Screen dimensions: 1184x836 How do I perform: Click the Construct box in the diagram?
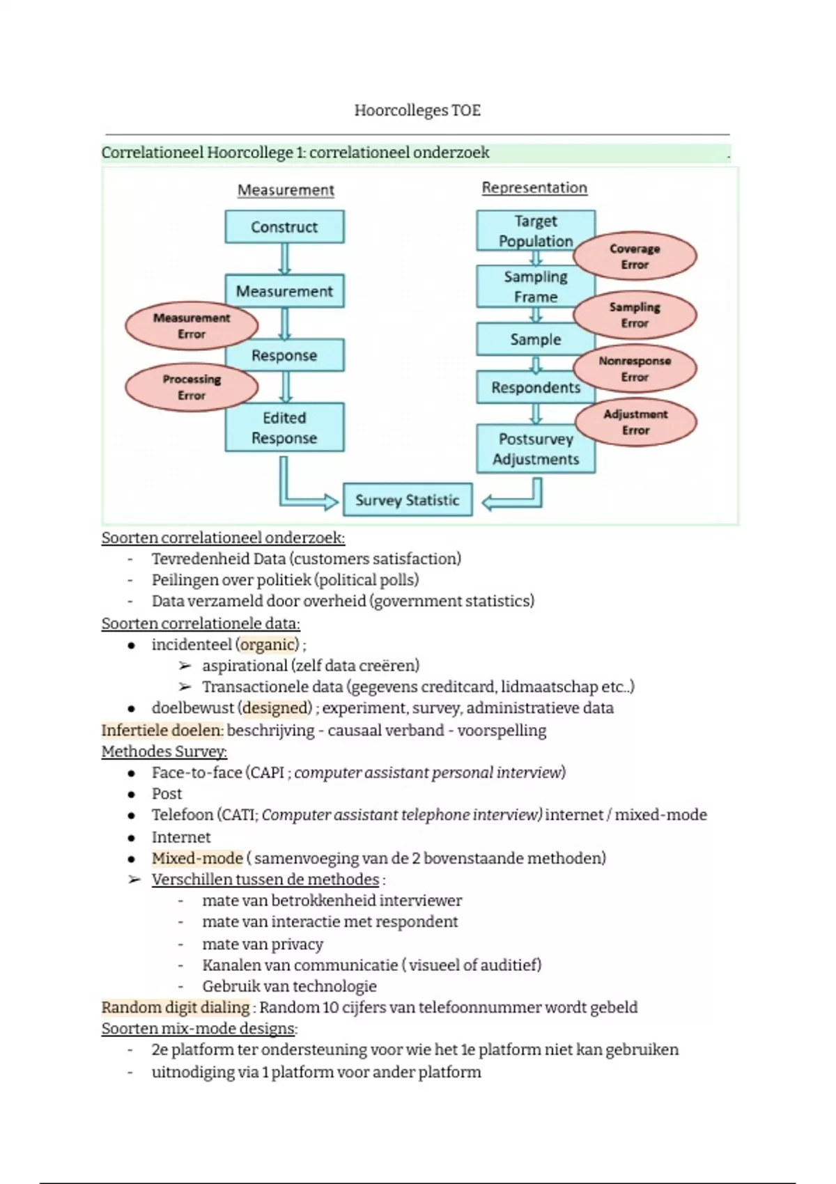284,227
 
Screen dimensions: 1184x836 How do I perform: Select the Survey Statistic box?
408,500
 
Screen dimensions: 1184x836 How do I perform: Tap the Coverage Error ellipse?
635,256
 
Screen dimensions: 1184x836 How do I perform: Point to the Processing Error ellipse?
191,387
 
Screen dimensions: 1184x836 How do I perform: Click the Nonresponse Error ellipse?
635,369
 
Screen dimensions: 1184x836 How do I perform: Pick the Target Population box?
535,231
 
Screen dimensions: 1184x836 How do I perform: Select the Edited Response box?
284,428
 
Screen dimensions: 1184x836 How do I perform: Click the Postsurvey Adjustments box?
536,449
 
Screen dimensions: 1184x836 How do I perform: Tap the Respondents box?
535,387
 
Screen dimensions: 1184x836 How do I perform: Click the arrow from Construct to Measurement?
284,258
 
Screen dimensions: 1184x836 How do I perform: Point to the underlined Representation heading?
534,187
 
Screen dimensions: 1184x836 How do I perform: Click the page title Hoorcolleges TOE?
417,110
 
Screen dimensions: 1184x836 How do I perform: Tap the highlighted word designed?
276,708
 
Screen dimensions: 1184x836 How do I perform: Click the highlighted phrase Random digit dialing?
176,1007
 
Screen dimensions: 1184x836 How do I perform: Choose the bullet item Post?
167,793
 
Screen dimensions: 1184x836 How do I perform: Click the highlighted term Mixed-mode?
197,858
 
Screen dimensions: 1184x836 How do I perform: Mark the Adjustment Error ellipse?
635,422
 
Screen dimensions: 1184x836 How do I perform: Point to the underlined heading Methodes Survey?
164,751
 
